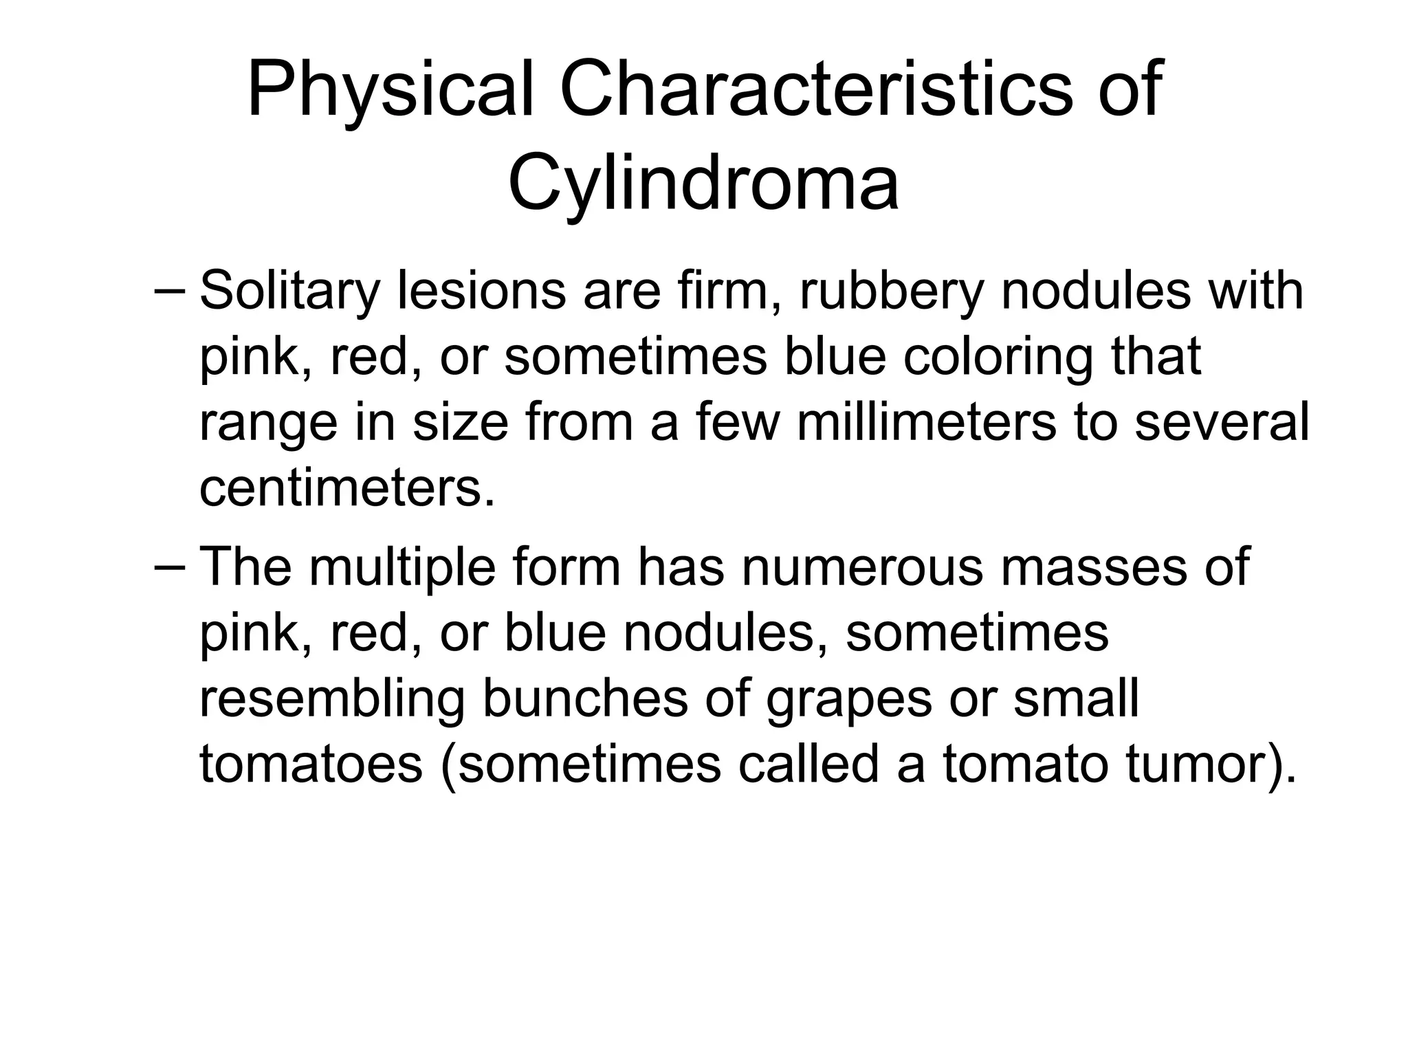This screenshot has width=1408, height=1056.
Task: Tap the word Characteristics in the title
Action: pos(815,90)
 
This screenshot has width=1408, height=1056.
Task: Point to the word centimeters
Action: pos(347,488)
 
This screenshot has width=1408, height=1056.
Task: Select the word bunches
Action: pos(585,698)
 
